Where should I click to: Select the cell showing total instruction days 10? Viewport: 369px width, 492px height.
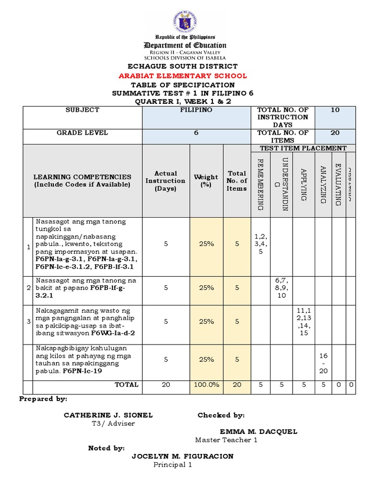335,110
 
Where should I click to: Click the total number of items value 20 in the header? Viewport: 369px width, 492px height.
335,133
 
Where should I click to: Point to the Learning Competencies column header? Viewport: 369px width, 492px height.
82,181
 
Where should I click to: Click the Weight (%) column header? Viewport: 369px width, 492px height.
206,181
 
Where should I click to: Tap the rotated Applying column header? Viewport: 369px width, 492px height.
303,184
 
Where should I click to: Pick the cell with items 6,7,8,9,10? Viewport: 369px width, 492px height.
281,287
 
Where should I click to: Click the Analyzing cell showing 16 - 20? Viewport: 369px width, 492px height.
323,364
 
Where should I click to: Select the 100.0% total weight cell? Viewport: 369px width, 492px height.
206,384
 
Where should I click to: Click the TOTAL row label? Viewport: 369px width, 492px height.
126,384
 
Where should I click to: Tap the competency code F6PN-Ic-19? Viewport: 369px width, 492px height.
82,371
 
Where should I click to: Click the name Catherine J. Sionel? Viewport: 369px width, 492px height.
108,415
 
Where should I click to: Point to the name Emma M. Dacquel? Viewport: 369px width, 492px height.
258,431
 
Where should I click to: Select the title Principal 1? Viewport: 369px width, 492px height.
172,465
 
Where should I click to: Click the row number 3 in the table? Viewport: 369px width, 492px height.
28,321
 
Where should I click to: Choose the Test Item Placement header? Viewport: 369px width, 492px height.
303,148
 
